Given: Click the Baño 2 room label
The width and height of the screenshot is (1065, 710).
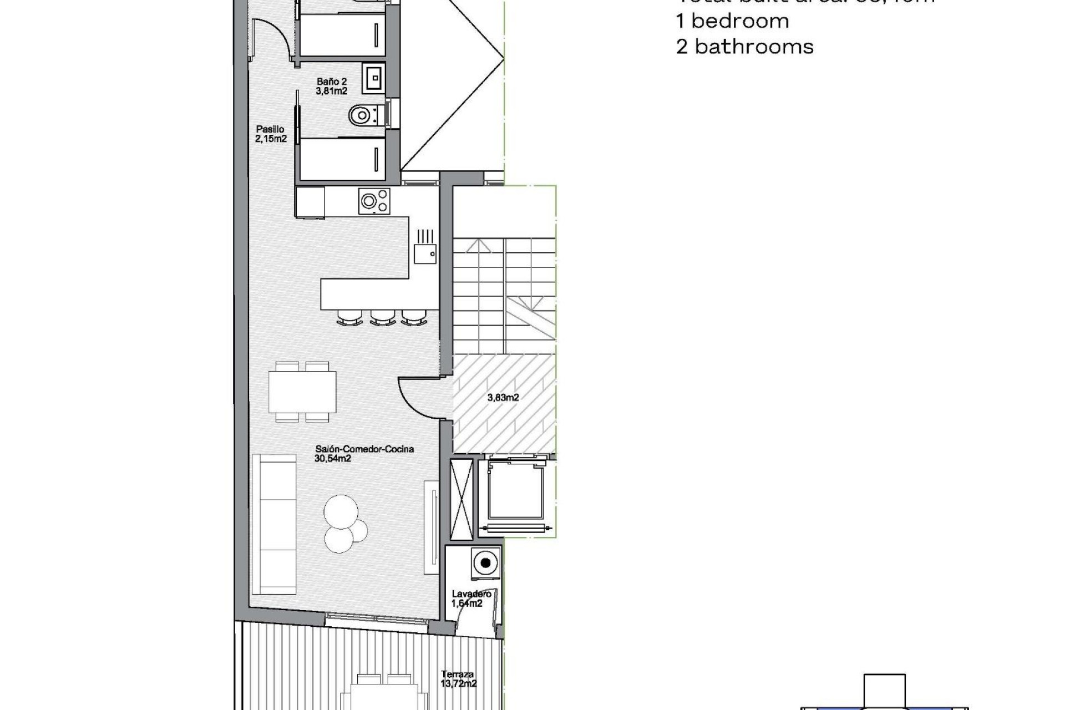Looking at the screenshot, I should point(332,87).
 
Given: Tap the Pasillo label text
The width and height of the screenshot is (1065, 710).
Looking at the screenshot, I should point(271,134).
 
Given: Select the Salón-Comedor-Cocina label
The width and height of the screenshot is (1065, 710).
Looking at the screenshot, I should point(364,453).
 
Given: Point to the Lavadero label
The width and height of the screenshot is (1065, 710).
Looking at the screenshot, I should point(471,599).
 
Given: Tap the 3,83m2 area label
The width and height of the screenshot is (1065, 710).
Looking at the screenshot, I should point(503,397).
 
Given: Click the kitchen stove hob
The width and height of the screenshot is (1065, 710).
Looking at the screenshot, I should point(374,201).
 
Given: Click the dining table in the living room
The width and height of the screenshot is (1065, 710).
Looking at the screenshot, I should point(302,392).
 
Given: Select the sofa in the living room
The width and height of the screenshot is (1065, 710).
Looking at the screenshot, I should point(273,524).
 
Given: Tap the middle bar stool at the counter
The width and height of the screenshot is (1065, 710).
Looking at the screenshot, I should point(383,317).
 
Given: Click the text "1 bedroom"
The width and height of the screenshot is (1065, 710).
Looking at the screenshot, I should point(732,21).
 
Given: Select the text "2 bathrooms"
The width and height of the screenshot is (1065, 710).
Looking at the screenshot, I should point(744,47).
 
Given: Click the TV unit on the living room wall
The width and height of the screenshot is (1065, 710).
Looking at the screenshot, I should point(431,527).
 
